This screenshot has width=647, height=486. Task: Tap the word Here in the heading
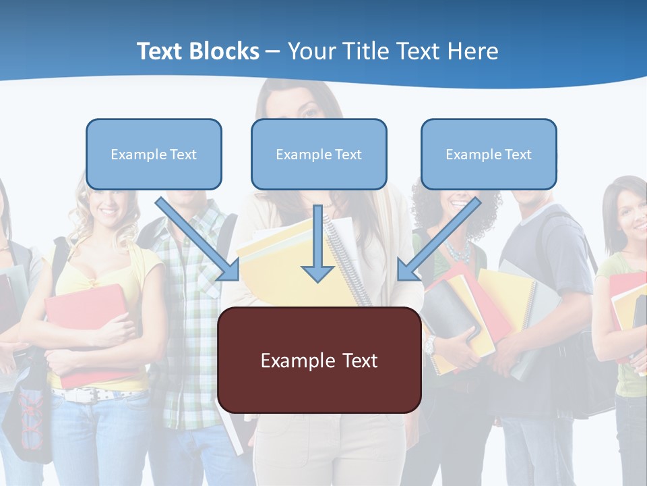[x=471, y=51]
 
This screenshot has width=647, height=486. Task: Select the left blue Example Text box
[x=154, y=154]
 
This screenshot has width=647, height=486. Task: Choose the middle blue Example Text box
[x=319, y=154]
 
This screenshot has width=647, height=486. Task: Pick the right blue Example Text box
[x=489, y=154]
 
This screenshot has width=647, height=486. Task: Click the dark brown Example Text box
[x=319, y=360]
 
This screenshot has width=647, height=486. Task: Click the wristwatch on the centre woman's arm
[x=429, y=346]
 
